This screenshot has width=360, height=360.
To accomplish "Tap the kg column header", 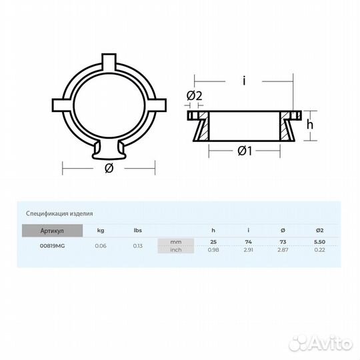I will coord(101,231).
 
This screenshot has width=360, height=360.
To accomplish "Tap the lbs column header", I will coord(138,231).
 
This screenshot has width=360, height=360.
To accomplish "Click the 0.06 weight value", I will coord(101,246).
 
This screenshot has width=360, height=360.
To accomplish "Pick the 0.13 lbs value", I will coord(138,246).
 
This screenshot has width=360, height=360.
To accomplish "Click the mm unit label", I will coord(176,241).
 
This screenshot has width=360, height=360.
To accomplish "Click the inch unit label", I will coord(176,249).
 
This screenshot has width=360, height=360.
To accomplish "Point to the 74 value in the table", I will coord(248,241).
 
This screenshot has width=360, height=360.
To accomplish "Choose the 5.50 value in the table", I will coord(319,241).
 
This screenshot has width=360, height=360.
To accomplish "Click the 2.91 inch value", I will coord(248,249).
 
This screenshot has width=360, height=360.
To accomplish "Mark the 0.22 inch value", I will coord(319,249).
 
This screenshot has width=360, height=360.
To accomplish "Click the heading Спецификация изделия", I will coord(59,214).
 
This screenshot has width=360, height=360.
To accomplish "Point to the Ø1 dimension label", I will coord(244,151).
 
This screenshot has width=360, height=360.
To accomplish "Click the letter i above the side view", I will coord(244,81).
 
